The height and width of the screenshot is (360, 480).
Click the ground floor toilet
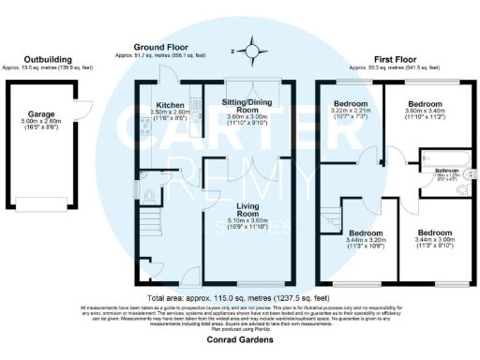pyautogui.click(x=151, y=197)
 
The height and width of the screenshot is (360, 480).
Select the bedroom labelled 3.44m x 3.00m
pyautogui.click(x=436, y=240)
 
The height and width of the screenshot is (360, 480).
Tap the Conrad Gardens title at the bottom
pyautogui.click(x=239, y=341)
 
